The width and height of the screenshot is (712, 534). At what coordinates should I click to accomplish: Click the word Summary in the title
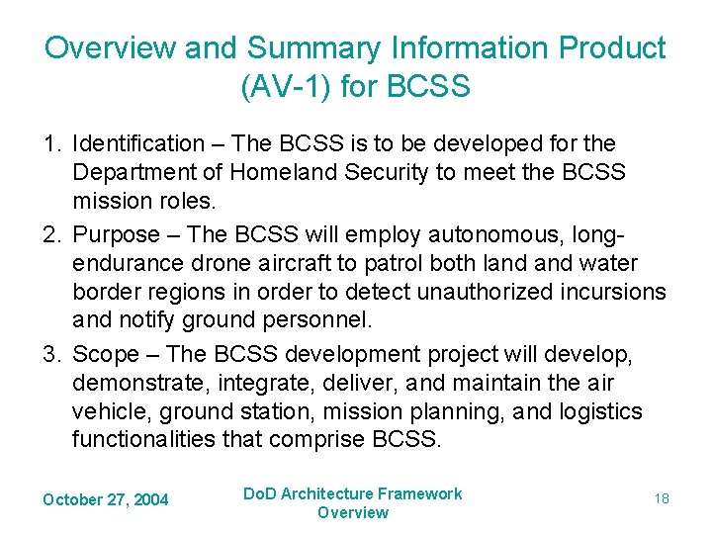tap(297, 47)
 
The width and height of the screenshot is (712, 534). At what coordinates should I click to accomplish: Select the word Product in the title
tap(606, 47)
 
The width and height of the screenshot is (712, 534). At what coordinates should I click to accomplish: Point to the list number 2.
tap(50, 234)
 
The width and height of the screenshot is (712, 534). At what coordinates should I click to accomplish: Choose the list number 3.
tap(50, 354)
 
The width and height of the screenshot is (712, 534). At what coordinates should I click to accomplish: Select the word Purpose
tap(116, 234)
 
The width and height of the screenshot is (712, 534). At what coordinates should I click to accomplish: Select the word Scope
tap(106, 354)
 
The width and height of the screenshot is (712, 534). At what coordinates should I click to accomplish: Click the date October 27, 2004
tap(105, 499)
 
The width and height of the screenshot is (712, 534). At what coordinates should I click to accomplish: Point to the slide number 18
tap(661, 498)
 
